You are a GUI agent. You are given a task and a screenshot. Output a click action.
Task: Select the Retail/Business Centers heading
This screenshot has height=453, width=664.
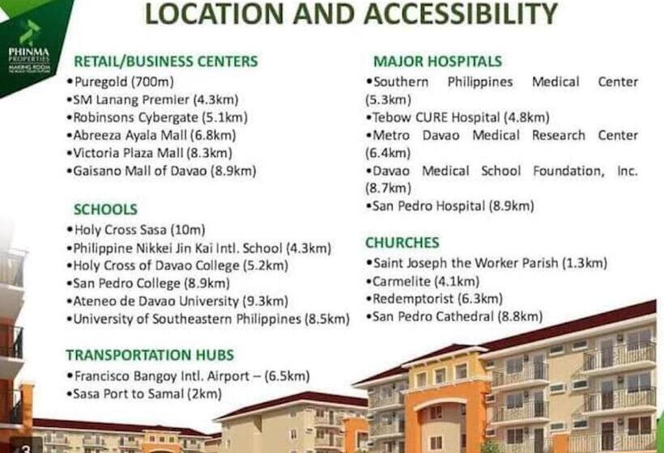[x=165, y=61]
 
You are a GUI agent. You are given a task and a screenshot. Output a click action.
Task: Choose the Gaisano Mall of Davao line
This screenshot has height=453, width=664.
[x=161, y=171]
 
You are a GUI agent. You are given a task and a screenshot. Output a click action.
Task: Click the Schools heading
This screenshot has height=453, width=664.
[x=105, y=210]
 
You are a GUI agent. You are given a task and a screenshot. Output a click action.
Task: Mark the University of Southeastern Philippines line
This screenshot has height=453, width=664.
[x=208, y=319]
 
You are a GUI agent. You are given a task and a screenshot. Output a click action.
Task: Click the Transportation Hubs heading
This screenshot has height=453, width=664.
[x=150, y=355]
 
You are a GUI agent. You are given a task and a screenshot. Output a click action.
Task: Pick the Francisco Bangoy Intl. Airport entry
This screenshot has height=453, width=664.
[x=187, y=376]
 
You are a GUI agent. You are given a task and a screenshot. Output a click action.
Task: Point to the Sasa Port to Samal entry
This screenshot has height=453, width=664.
[x=143, y=394]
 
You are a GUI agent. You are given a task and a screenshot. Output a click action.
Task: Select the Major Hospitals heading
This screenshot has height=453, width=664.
[x=437, y=61]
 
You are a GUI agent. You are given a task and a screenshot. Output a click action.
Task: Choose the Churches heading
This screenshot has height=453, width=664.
[x=402, y=243]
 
